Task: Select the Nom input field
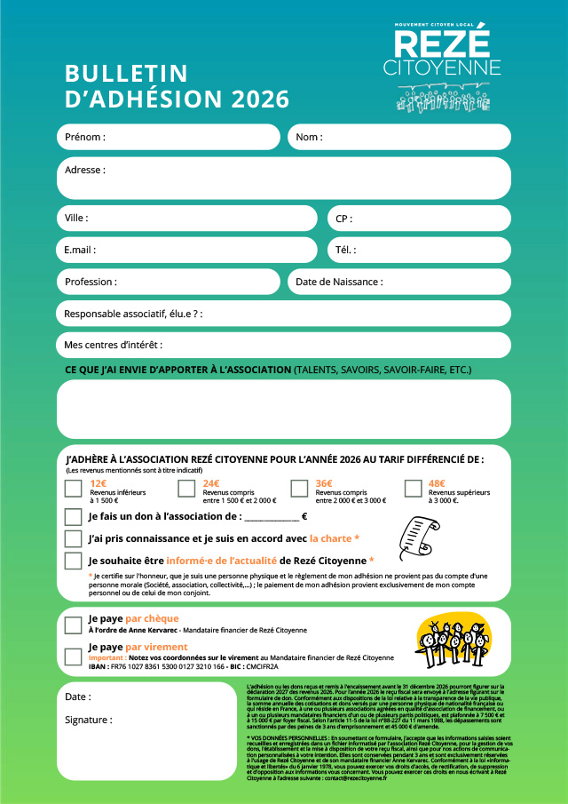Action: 398,138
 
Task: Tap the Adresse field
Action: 284,178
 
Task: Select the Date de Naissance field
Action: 399,282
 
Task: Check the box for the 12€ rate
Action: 74,488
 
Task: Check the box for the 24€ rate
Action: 186,488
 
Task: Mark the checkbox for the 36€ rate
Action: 299,488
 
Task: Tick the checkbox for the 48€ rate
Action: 413,488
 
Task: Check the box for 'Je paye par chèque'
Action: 74,625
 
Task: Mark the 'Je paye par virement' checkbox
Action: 74,657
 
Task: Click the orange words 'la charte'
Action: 330,538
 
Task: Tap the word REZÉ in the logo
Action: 442,44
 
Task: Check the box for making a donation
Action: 74,517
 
